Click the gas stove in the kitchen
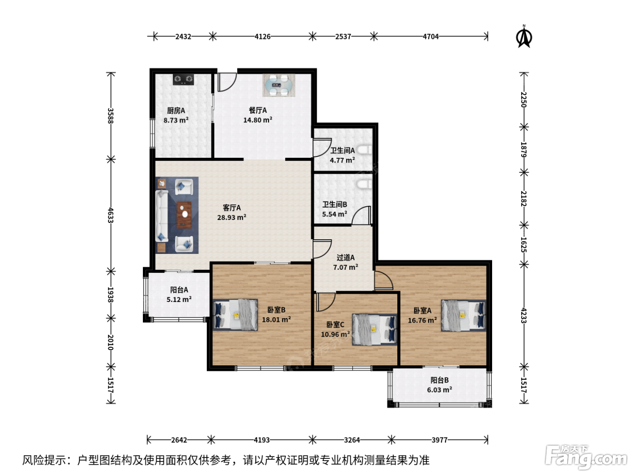pyautogui.click(x=183, y=79)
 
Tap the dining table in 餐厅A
pyautogui.click(x=278, y=85)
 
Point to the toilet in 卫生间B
pyautogui.click(x=364, y=184)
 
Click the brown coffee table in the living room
pyautogui.click(x=184, y=215)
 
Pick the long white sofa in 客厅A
pyautogui.click(x=162, y=216)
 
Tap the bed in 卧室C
pyautogui.click(x=374, y=330)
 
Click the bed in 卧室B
pyautogui.click(x=235, y=315)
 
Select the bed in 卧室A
pyautogui.click(x=463, y=316)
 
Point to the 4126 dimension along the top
pyautogui.click(x=262, y=37)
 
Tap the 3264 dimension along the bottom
pyautogui.click(x=352, y=440)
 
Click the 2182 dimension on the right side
pyautogui.click(x=523, y=199)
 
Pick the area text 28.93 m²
pyautogui.click(x=232, y=217)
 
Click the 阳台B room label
pyautogui.click(x=440, y=380)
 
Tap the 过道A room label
pyautogui.click(x=346, y=257)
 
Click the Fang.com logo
pyautogui.click(x=586, y=457)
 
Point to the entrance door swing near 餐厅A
pyautogui.click(x=227, y=82)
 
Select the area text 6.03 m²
pyautogui.click(x=440, y=390)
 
